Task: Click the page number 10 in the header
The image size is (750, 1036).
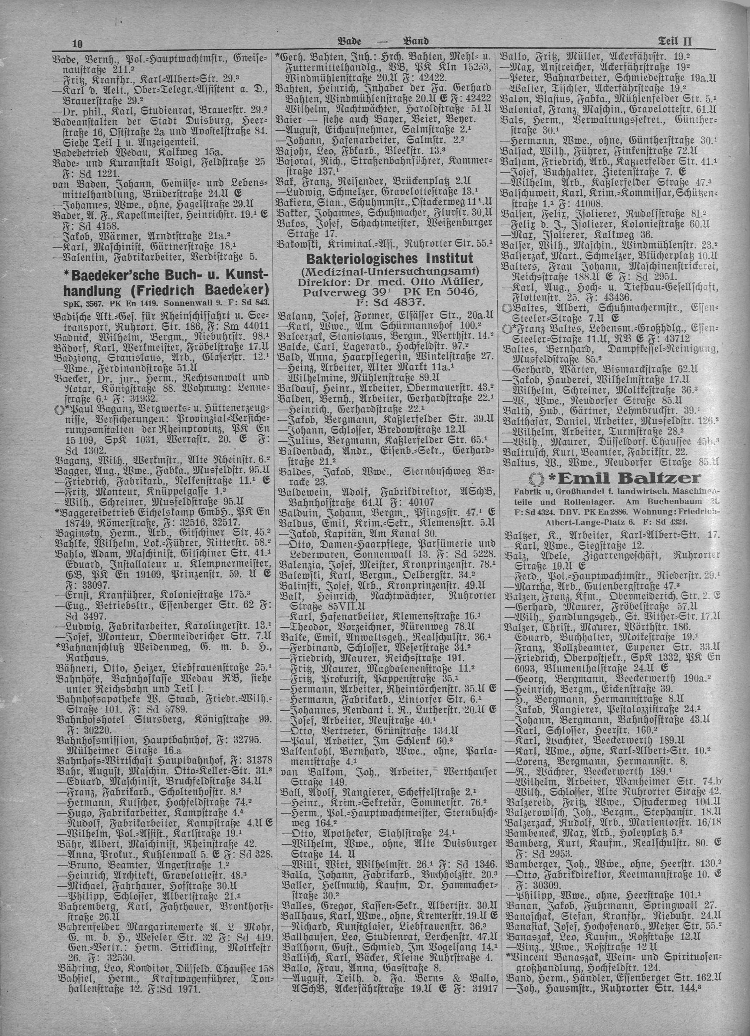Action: pos(76,43)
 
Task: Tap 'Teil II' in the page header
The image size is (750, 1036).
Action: pos(675,42)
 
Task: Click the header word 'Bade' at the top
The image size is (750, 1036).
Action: pos(350,42)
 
